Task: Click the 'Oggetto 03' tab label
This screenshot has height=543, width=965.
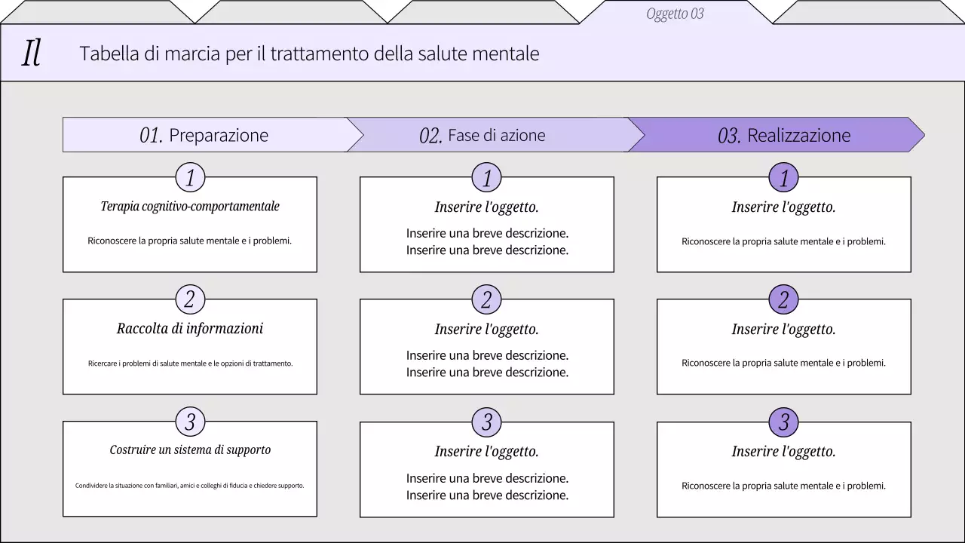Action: (x=675, y=14)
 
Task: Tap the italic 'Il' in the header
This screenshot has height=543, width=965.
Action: (x=31, y=54)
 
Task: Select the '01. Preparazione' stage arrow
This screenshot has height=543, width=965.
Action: (x=204, y=135)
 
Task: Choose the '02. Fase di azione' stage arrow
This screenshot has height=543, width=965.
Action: (x=482, y=135)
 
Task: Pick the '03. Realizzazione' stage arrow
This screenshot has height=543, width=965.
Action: (x=784, y=135)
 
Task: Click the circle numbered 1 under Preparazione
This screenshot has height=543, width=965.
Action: (x=190, y=178)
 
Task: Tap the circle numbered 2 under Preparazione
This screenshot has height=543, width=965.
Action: (x=190, y=299)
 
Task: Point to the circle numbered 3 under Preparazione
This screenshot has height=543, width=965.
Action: (x=190, y=422)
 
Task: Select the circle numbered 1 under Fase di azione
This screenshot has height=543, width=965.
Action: (x=487, y=178)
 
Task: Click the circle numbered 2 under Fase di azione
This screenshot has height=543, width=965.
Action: (x=487, y=299)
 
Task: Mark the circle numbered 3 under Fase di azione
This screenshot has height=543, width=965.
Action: (x=487, y=422)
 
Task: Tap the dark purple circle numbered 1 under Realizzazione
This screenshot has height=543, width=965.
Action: (x=784, y=178)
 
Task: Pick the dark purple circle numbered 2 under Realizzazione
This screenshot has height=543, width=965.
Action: (x=784, y=299)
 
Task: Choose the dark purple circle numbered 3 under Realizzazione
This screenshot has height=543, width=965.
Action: (x=784, y=422)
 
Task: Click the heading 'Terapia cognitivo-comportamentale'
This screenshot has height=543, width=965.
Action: (x=190, y=207)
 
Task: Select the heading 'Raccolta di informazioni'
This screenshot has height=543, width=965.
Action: (x=190, y=329)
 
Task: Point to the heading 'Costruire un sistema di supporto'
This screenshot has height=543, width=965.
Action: (x=190, y=450)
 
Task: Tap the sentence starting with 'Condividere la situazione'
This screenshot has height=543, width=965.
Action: (x=190, y=486)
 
